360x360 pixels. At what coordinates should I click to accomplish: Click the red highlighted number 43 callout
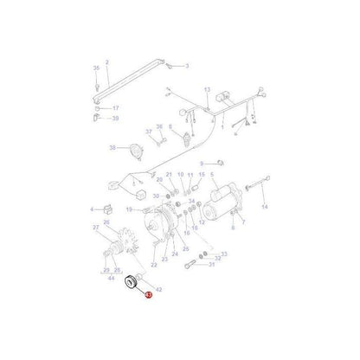(x=149, y=295)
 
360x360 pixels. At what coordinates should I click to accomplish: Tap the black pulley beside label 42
(x=134, y=282)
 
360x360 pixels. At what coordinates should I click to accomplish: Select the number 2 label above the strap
(x=107, y=61)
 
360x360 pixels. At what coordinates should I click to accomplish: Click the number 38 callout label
(x=112, y=148)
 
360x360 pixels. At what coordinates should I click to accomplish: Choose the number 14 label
(x=265, y=208)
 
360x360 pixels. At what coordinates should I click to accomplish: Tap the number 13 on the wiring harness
(x=207, y=90)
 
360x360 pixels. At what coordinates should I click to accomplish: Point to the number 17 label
(x=115, y=107)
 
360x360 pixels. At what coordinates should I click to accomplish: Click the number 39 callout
(x=115, y=118)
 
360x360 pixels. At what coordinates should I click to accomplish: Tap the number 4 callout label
(x=92, y=209)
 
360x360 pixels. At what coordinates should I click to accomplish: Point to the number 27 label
(x=97, y=228)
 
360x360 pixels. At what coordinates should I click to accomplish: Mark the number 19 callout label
(x=128, y=209)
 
